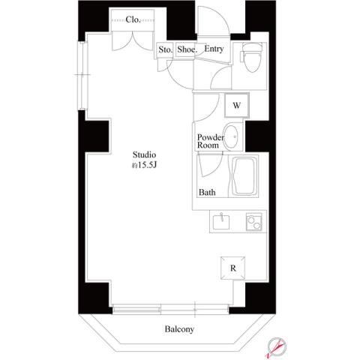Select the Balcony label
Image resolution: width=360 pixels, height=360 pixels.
[x=179, y=329]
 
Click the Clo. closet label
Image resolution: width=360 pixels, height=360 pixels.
[x=135, y=19]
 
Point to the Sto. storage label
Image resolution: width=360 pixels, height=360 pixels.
[x=165, y=50]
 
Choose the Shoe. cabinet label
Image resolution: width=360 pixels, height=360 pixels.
[x=187, y=50]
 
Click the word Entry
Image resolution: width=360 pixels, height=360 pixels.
[x=214, y=50]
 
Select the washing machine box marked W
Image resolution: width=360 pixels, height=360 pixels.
[x=235, y=105]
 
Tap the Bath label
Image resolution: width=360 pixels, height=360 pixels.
[x=207, y=192]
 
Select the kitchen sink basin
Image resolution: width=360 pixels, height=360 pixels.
[x=221, y=223]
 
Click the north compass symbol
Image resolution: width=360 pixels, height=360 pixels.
[x=277, y=346]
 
